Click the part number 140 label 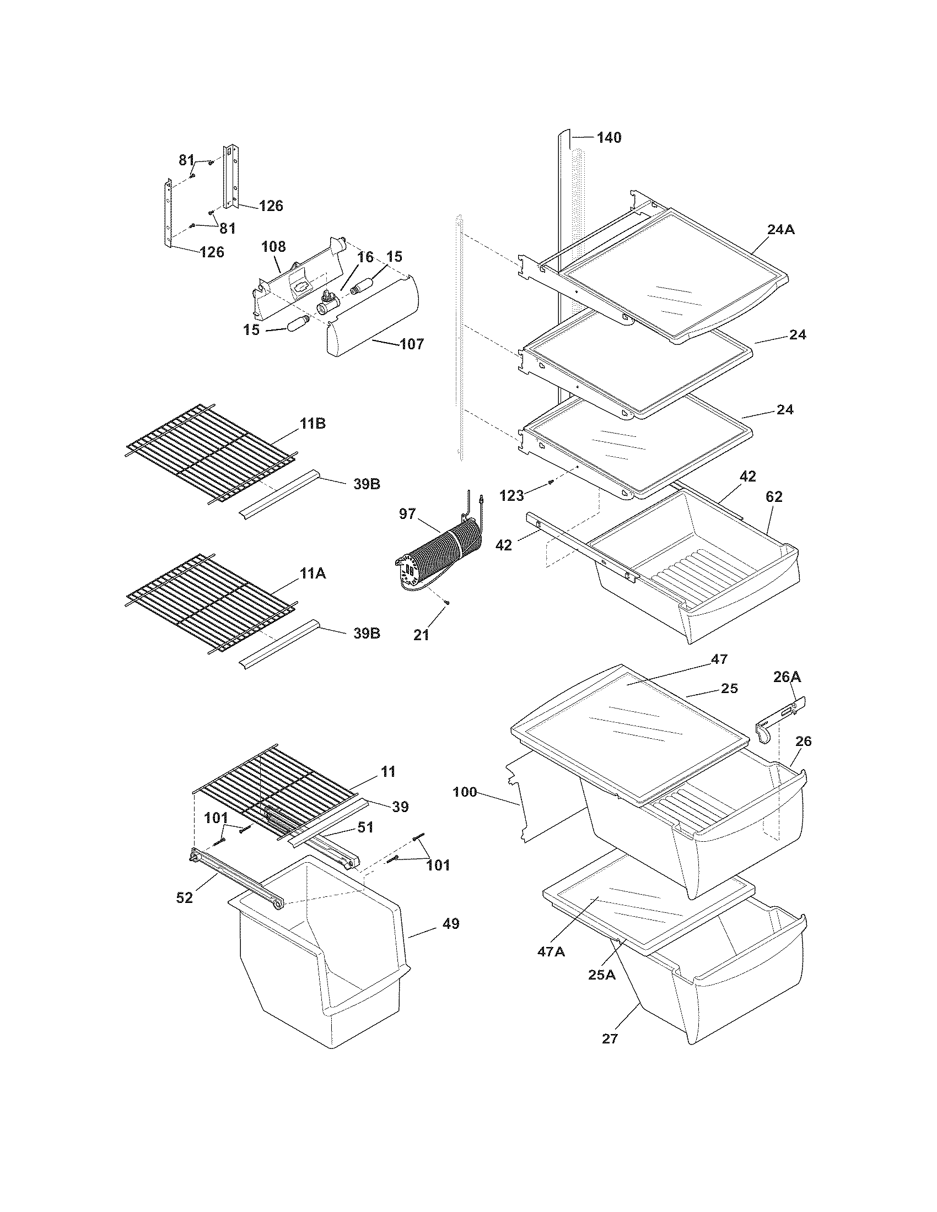pos(609,138)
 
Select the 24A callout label pos(781,229)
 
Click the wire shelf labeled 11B pos(211,452)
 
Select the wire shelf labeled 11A pos(211,602)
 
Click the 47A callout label pos(551,952)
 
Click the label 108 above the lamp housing pos(274,246)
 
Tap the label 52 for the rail pos(184,897)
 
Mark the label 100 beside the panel pos(465,792)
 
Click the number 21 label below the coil pos(421,635)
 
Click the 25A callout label pos(602,974)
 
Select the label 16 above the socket pos(365,257)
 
